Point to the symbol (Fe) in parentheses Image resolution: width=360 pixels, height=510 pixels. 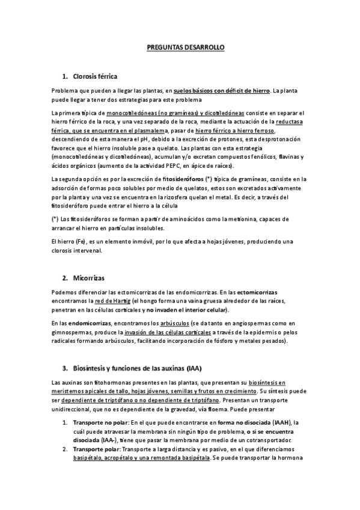90,241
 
